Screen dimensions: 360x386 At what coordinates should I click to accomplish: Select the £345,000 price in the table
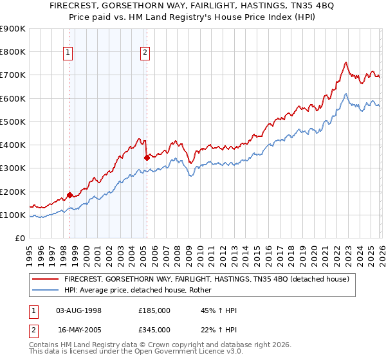(x=154, y=329)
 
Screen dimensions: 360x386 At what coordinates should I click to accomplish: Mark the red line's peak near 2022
(x=345, y=62)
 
